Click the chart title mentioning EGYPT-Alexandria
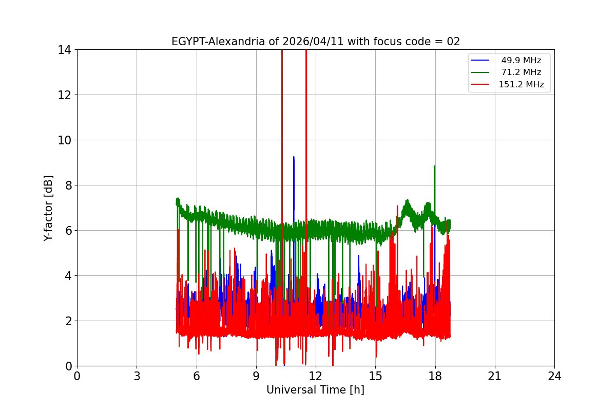point(315,42)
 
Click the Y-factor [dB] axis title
point(48,208)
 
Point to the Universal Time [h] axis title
point(315,390)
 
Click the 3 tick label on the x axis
point(137,376)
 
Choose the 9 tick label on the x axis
point(256,376)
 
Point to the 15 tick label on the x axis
point(375,376)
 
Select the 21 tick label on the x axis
point(495,376)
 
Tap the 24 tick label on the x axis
point(554,376)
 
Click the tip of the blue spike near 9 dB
point(294,157)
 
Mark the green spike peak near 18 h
point(434,166)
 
